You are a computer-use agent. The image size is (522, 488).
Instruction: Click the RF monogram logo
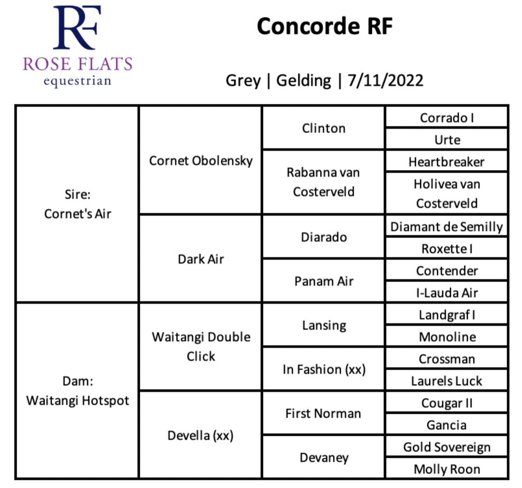pyautogui.click(x=77, y=27)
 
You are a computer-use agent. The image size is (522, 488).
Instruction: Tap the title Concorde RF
pyautogui.click(x=325, y=26)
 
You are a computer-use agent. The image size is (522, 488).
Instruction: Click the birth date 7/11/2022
pyautogui.click(x=385, y=80)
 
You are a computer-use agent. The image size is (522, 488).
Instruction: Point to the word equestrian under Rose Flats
pyautogui.click(x=77, y=81)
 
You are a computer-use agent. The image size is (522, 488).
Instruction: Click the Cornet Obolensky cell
pyautogui.click(x=201, y=160)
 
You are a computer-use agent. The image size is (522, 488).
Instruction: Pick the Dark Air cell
pyautogui.click(x=201, y=259)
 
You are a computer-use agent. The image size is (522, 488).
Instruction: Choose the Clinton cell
pyautogui.click(x=323, y=128)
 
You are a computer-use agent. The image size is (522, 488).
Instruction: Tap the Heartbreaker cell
pyautogui.click(x=446, y=161)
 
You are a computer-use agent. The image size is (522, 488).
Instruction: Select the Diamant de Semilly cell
pyautogui.click(x=446, y=226)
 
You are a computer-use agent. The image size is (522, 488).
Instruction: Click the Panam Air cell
pyautogui.click(x=323, y=281)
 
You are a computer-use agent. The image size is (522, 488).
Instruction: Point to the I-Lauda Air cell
pyautogui.click(x=446, y=292)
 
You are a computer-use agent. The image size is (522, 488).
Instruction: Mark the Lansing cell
pyautogui.click(x=323, y=325)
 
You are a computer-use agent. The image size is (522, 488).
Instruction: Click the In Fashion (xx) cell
pyautogui.click(x=323, y=369)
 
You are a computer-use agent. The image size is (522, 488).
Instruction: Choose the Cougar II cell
pyautogui.click(x=446, y=402)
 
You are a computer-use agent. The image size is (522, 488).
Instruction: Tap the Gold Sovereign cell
pyautogui.click(x=446, y=447)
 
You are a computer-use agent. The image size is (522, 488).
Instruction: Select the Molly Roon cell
pyautogui.click(x=446, y=469)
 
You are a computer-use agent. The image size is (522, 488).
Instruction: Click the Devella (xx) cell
pyautogui.click(x=201, y=435)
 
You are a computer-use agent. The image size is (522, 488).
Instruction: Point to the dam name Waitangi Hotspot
pyautogui.click(x=77, y=400)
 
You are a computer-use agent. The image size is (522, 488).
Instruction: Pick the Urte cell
pyautogui.click(x=446, y=139)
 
